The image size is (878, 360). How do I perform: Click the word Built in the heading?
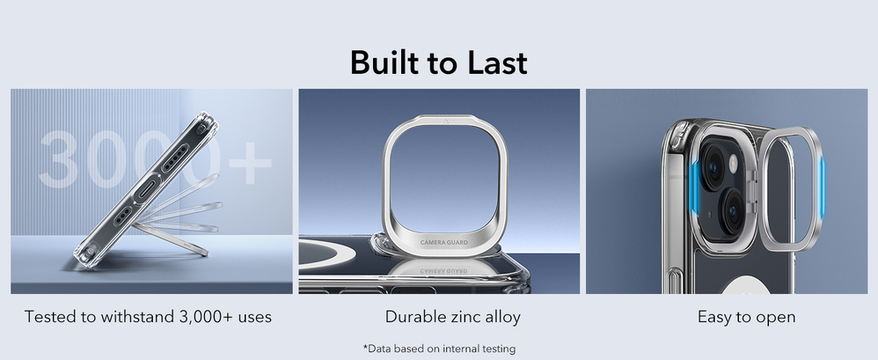[x=384, y=62]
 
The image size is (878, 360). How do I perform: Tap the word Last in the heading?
[x=497, y=62]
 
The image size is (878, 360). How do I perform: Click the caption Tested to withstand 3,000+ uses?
[x=148, y=317]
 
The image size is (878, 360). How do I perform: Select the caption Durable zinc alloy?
[x=452, y=317]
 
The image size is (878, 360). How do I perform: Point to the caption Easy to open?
[x=746, y=317]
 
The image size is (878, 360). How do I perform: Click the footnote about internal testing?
[x=439, y=349]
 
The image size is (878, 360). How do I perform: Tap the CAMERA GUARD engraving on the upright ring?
[x=444, y=242]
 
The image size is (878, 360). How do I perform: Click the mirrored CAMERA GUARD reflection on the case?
[x=444, y=271]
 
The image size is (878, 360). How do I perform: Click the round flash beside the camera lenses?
[x=733, y=164]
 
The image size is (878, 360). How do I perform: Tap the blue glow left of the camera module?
[x=693, y=188]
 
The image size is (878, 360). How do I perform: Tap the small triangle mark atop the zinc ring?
[x=444, y=120]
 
